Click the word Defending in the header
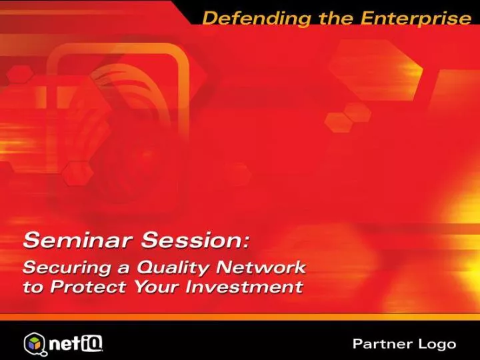point(257,19)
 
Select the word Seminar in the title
point(78,240)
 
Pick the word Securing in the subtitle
point(67,267)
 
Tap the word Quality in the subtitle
point(173,268)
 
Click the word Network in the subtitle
point(261,267)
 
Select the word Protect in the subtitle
point(88,287)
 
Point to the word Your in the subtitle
point(157,287)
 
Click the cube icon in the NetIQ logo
point(35,343)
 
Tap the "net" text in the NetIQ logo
point(65,343)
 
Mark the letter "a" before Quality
point(123,269)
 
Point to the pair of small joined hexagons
point(348,117)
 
